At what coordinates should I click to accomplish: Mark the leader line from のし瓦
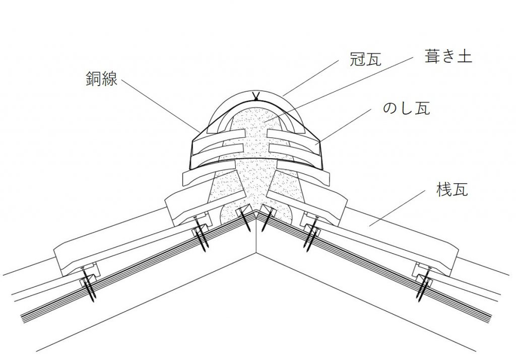click(348, 126)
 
